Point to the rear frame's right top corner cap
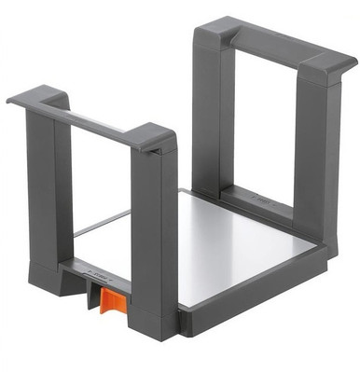[x=327, y=65]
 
